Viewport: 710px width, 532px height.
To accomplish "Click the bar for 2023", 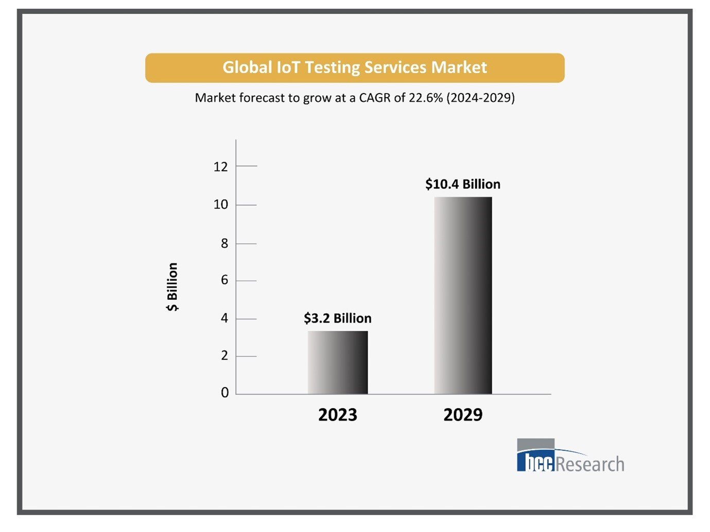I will pyautogui.click(x=338, y=362).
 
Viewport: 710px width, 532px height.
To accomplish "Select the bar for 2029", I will pyautogui.click(x=463, y=295).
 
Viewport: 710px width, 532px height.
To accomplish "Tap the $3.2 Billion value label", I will pyautogui.click(x=337, y=318).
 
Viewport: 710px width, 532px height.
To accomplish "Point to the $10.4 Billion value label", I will pyautogui.click(x=462, y=184).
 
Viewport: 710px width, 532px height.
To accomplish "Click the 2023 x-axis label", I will pyautogui.click(x=337, y=415).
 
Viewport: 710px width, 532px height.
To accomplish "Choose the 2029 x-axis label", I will pyautogui.click(x=463, y=415).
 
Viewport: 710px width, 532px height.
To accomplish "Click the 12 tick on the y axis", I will pyautogui.click(x=220, y=167).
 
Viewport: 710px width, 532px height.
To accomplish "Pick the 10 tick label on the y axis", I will pyautogui.click(x=220, y=205).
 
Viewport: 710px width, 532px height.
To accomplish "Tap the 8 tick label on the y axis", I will pyautogui.click(x=224, y=243).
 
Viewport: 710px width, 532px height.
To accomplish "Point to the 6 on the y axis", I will pyautogui.click(x=224, y=280).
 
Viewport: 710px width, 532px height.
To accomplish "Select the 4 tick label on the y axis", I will pyautogui.click(x=224, y=318).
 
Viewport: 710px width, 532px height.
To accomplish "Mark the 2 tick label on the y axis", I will pyautogui.click(x=224, y=356).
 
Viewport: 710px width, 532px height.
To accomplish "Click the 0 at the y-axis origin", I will pyautogui.click(x=224, y=393).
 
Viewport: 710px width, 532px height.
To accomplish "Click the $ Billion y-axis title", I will pyautogui.click(x=172, y=287).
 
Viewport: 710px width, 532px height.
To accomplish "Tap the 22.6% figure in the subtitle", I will pyautogui.click(x=426, y=98).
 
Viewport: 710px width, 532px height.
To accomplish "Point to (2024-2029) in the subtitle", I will pyautogui.click(x=480, y=98).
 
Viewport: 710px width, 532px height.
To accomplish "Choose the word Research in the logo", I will pyautogui.click(x=590, y=464).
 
